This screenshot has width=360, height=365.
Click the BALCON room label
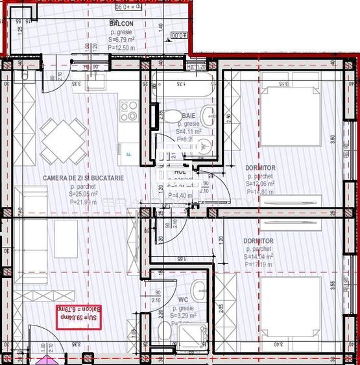point(122,23)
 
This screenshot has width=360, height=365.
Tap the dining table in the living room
point(64,138)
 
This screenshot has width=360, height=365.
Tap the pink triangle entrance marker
point(44,359)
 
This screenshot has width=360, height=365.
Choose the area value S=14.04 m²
point(259,257)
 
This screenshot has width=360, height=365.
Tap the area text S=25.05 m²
point(75,193)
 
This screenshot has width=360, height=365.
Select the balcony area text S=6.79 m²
point(121,40)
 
